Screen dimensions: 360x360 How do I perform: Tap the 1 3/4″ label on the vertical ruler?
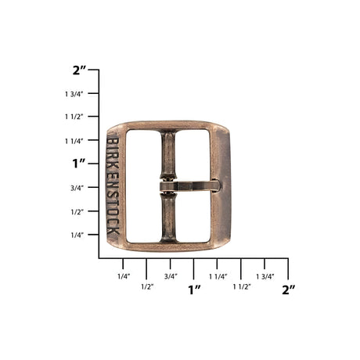click(x=75, y=94)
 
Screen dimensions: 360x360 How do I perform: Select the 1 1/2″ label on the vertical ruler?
click(x=75, y=117)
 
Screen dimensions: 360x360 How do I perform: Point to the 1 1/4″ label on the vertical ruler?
click(x=75, y=141)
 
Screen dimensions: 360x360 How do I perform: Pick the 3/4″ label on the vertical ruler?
click(x=77, y=188)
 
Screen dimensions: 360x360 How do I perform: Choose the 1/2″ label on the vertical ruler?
click(x=77, y=211)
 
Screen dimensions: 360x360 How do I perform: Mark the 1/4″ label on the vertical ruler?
click(x=77, y=235)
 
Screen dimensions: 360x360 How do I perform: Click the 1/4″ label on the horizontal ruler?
click(x=123, y=275)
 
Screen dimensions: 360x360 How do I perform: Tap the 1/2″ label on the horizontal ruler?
click(x=146, y=286)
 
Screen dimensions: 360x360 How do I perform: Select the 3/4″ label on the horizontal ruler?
click(x=171, y=275)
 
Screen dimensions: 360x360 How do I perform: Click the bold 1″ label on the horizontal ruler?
click(x=194, y=290)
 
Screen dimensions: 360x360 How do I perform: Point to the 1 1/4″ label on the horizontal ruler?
click(x=218, y=275)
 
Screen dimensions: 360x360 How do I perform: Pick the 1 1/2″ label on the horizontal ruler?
click(x=241, y=286)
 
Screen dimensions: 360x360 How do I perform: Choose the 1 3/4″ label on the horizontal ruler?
click(x=265, y=275)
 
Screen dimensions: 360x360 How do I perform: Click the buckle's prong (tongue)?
click(x=192, y=186)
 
